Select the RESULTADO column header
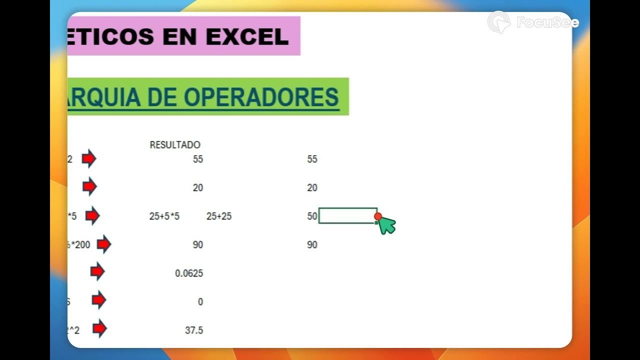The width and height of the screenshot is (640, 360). click(175, 145)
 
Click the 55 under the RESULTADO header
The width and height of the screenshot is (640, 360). click(198, 159)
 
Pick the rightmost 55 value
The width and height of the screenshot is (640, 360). click(312, 159)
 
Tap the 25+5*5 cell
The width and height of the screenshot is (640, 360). click(164, 216)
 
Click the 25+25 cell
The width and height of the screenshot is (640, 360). click(219, 216)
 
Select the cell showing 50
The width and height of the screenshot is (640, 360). click(312, 216)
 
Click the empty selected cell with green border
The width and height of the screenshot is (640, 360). click(347, 215)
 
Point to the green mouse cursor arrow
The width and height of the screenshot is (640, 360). click(386, 225)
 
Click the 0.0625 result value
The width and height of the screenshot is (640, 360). click(189, 273)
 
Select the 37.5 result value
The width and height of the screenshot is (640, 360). click(193, 330)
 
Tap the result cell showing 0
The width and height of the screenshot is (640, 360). click(200, 302)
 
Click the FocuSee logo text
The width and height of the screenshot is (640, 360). click(547, 22)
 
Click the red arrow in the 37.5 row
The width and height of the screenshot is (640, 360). click(99, 328)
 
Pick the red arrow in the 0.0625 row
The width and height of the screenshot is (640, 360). click(97, 272)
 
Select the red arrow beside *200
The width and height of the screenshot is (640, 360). click(103, 244)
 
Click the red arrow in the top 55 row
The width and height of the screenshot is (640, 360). click(88, 159)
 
